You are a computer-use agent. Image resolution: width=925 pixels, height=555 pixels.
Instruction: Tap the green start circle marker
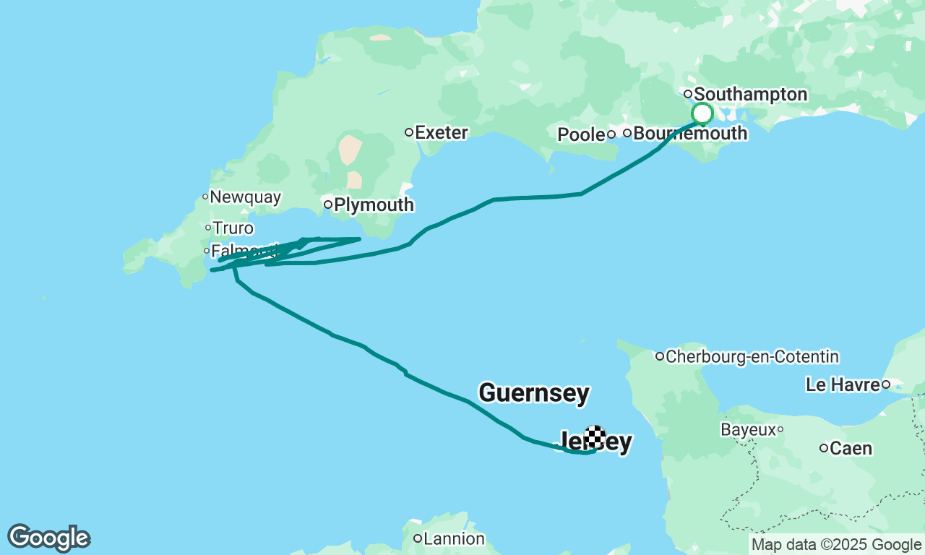click(x=702, y=114)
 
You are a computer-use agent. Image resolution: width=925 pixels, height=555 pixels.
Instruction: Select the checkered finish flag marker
click(x=595, y=436)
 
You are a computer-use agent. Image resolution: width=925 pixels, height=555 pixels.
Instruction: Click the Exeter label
click(x=442, y=133)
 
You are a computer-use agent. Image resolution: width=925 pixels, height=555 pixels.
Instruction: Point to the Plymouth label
click(x=374, y=205)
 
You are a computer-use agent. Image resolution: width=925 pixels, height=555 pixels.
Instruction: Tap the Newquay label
click(x=245, y=197)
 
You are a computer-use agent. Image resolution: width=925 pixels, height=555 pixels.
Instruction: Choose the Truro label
click(x=233, y=229)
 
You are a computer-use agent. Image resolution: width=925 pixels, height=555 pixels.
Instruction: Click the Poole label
click(x=581, y=135)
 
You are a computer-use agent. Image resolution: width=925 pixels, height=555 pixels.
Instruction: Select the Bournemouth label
click(x=689, y=134)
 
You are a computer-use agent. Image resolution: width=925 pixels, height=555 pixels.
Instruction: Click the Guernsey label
click(x=534, y=394)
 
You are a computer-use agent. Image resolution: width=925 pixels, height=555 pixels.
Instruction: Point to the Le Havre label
click(x=843, y=385)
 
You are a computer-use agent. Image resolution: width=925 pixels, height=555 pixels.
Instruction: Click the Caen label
click(x=851, y=449)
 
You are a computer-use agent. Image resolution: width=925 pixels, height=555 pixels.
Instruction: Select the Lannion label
click(x=454, y=539)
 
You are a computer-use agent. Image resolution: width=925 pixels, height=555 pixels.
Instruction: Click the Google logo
click(x=48, y=538)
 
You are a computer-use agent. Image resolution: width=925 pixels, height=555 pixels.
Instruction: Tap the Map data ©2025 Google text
click(x=836, y=545)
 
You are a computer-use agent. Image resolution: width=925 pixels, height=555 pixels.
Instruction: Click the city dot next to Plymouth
click(x=327, y=205)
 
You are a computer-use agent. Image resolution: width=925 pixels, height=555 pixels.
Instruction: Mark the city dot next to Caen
click(x=824, y=448)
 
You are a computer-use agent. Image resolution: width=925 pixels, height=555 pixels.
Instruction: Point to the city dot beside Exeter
click(x=409, y=132)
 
